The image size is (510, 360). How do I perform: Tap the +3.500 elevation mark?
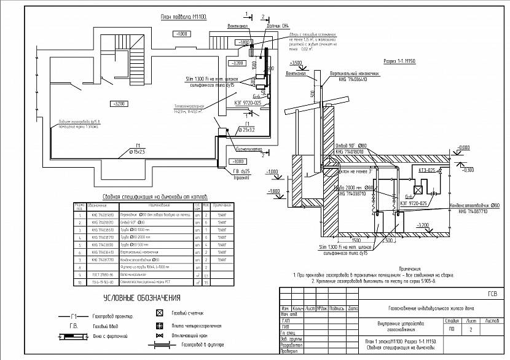[x=296, y=63]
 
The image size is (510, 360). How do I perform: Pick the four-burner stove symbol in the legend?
[x=159, y=326]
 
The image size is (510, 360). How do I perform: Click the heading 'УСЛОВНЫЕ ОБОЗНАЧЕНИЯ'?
[x=141, y=299]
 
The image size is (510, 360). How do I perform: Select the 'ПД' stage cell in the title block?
[x=452, y=329]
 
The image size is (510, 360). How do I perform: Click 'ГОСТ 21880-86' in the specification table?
[x=101, y=275]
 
